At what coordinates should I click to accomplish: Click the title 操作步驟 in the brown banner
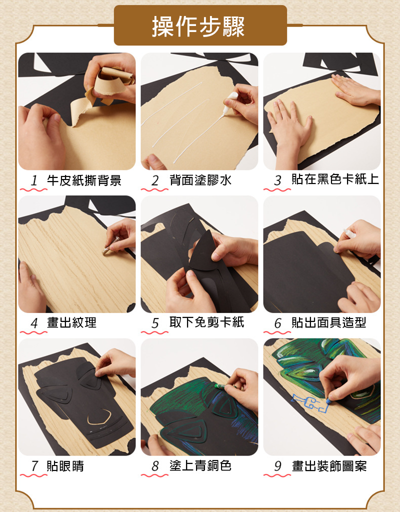pos(198,26)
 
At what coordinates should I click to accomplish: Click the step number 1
pos(34,180)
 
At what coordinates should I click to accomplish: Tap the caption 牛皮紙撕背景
pos(84,180)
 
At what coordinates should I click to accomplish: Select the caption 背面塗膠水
pos(200,180)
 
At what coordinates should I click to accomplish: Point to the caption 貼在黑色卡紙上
pos(335,179)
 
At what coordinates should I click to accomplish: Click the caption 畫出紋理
pos(72,322)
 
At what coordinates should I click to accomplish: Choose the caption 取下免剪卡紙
pos(206,322)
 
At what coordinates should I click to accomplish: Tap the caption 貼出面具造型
pos(329,322)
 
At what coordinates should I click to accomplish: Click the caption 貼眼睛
pos(65,466)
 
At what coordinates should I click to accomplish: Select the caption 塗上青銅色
pos(200,465)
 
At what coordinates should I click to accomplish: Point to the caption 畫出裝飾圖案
pos(329,466)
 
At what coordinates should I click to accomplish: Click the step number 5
pos(155,323)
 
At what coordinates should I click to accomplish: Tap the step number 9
pos(277,466)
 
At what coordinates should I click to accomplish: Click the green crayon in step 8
pos(220,386)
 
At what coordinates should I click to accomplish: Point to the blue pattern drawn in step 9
pos(309,403)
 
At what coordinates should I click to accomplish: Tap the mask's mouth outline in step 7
pos(99,417)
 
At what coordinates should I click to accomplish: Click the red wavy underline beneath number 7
pos(33,475)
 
